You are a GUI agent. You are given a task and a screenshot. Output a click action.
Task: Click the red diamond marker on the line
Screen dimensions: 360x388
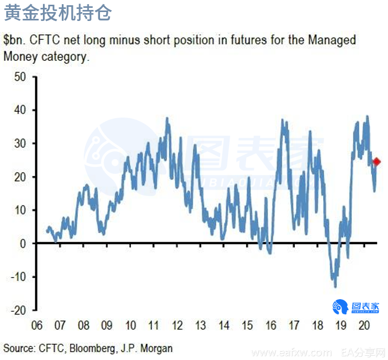[x=376, y=161]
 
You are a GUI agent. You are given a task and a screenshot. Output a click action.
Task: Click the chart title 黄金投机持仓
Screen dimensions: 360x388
[x=58, y=13]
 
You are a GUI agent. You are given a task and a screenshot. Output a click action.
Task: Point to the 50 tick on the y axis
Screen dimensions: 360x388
[x=20, y=77]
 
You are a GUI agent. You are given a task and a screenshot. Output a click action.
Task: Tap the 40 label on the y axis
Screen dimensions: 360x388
[x=20, y=110]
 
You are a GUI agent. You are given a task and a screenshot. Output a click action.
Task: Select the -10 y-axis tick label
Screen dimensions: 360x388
[x=18, y=277]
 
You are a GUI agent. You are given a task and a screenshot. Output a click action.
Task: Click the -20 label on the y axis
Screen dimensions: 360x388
[x=18, y=310]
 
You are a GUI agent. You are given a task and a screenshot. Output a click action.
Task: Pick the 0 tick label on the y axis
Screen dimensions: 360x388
[x=23, y=244]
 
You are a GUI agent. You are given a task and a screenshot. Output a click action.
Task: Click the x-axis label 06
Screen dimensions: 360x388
[x=37, y=326]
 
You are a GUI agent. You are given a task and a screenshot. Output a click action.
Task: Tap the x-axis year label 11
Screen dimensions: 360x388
[x=153, y=326]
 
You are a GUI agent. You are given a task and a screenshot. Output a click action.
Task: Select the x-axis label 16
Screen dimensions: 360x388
[x=270, y=326]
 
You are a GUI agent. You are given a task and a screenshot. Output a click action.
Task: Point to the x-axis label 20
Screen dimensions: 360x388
[x=364, y=326]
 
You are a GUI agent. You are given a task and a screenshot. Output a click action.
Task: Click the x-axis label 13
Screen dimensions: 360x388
[x=200, y=326]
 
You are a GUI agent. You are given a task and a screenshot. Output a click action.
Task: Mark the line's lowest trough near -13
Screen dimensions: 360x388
[x=335, y=286]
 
